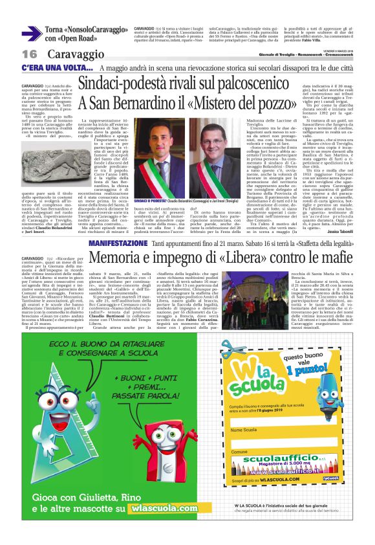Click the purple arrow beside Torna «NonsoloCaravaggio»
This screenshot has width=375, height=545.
(32, 34)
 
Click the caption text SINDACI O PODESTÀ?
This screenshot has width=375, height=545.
(149, 201)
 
